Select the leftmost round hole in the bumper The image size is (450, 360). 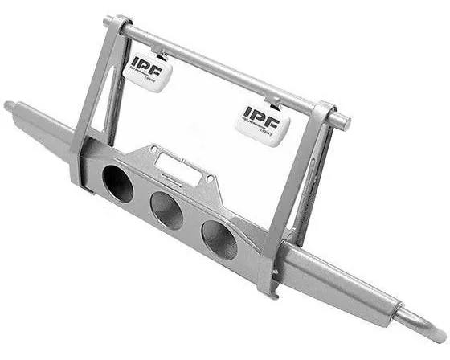(118, 183)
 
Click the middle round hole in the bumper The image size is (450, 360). (167, 211)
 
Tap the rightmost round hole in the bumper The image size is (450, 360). (219, 239)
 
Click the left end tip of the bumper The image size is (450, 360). (10, 105)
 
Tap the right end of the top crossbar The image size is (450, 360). (343, 122)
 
